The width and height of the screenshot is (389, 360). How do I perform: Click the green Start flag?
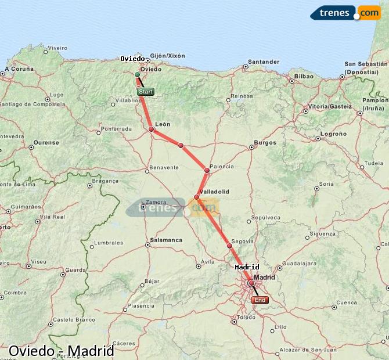pyautogui.click(x=145, y=92)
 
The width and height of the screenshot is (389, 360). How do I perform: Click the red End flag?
pyautogui.click(x=260, y=300)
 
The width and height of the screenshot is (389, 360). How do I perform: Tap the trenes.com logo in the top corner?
pyautogui.click(x=345, y=13)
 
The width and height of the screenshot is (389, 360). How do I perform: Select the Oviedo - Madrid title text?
pyautogui.click(x=61, y=351)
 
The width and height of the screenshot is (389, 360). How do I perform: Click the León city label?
pyautogui.click(x=163, y=124)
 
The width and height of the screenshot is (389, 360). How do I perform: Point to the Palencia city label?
pyautogui.click(x=222, y=167)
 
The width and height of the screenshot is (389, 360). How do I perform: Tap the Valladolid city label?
pyautogui.click(x=214, y=191)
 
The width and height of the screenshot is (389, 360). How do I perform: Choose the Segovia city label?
pyautogui.click(x=242, y=241)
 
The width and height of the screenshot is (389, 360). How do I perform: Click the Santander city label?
pyautogui.click(x=263, y=62)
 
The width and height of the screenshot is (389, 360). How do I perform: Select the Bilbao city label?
pyautogui.click(x=304, y=76)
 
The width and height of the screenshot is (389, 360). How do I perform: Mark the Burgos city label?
pyautogui.click(x=265, y=142)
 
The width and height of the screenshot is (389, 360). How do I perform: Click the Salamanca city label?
pyautogui.click(x=166, y=240)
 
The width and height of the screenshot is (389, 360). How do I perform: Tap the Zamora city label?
pyautogui.click(x=157, y=203)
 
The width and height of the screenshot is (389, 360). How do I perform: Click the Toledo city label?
pyautogui.click(x=246, y=318)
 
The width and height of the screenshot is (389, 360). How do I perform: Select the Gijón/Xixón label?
pyautogui.click(x=167, y=56)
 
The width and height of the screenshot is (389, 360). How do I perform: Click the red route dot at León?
pyautogui.click(x=152, y=129)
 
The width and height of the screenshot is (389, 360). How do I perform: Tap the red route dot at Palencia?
pyautogui.click(x=207, y=170)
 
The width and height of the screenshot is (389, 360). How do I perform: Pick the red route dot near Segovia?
pyautogui.click(x=229, y=246)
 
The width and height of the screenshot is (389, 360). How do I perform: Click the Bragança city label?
pyautogui.click(x=106, y=181)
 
